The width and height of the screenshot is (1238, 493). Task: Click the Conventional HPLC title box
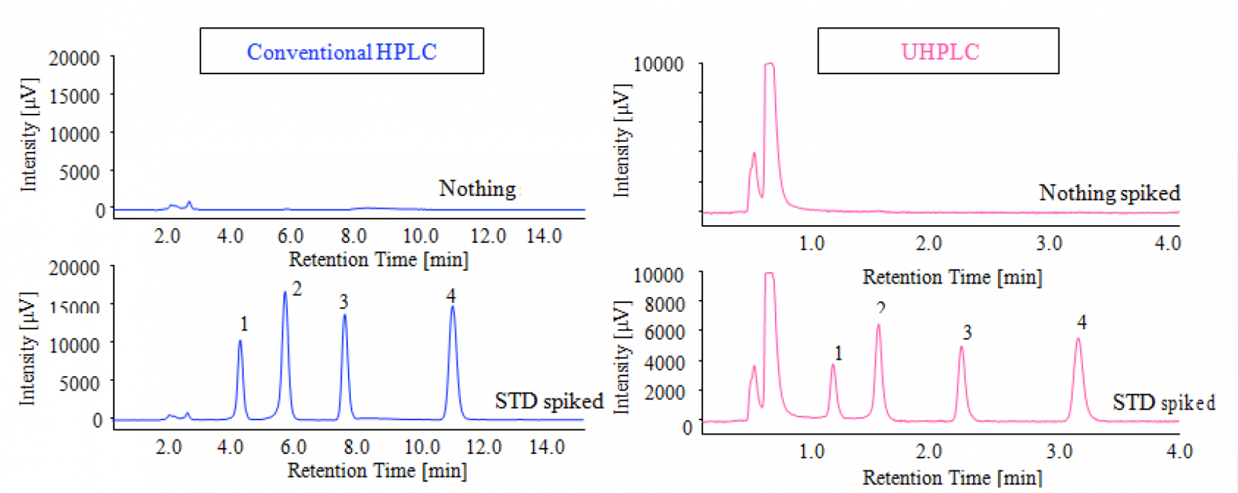pyautogui.click(x=342, y=51)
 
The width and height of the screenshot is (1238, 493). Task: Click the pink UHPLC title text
pyautogui.click(x=940, y=51)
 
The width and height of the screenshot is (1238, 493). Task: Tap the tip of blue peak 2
pyautogui.click(x=285, y=293)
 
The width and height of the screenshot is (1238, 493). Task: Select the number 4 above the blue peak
pyautogui.click(x=451, y=296)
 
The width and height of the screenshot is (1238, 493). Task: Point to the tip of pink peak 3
pyautogui.click(x=961, y=348)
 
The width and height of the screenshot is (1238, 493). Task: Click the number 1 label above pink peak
pyautogui.click(x=838, y=353)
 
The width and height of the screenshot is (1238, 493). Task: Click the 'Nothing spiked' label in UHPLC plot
pyautogui.click(x=1109, y=193)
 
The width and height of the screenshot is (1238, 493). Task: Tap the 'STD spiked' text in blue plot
pyautogui.click(x=548, y=401)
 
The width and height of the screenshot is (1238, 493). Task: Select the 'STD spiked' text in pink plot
pyautogui.click(x=1164, y=403)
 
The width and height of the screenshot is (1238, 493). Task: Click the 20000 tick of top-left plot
pyautogui.click(x=74, y=58)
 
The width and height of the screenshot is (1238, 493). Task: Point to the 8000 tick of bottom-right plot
pyautogui.click(x=665, y=304)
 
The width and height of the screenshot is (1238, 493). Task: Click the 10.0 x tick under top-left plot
pyautogui.click(x=421, y=236)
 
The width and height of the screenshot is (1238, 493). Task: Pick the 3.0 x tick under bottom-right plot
pyautogui.click(x=1059, y=451)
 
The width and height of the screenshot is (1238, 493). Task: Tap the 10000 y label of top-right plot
pyautogui.click(x=659, y=64)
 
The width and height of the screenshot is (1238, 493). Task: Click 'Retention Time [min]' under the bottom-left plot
pyautogui.click(x=377, y=471)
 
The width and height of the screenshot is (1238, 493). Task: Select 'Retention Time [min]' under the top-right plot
pyautogui.click(x=952, y=277)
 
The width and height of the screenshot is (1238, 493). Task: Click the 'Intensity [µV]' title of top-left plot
pyautogui.click(x=29, y=134)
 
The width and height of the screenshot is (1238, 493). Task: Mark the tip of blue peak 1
pyautogui.click(x=240, y=341)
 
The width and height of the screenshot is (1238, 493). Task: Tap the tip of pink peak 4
pyautogui.click(x=1078, y=339)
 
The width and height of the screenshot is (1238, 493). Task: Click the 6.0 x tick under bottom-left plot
pyautogui.click(x=293, y=447)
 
